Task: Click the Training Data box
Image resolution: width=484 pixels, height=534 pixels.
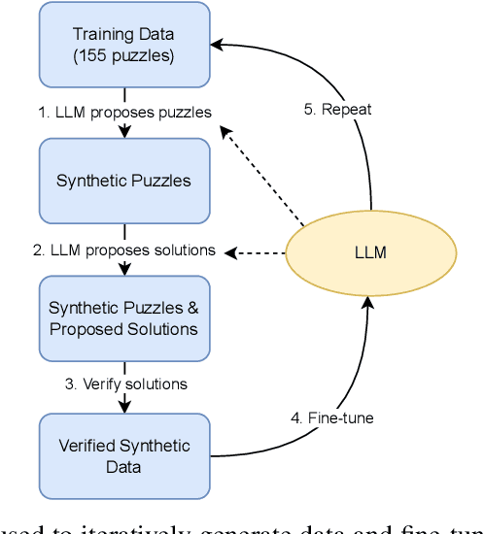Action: coord(124,44)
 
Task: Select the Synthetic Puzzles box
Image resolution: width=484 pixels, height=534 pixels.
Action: coord(124,181)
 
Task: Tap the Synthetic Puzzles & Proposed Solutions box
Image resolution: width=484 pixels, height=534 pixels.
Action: coord(124,318)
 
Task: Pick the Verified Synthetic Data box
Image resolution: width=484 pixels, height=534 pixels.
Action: coord(124,455)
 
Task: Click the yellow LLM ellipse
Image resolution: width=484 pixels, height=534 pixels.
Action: coord(370,252)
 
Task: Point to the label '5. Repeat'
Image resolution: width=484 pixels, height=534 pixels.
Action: coord(336,110)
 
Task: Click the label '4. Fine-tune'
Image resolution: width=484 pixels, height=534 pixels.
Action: coord(331,418)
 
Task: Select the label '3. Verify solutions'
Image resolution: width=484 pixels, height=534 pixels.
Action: coord(126,384)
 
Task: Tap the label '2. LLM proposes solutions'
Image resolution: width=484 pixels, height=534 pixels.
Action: coord(124,250)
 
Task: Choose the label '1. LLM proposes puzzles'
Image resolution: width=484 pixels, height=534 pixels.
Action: coord(124,112)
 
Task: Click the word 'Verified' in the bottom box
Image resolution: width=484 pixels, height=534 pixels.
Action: coord(87,447)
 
